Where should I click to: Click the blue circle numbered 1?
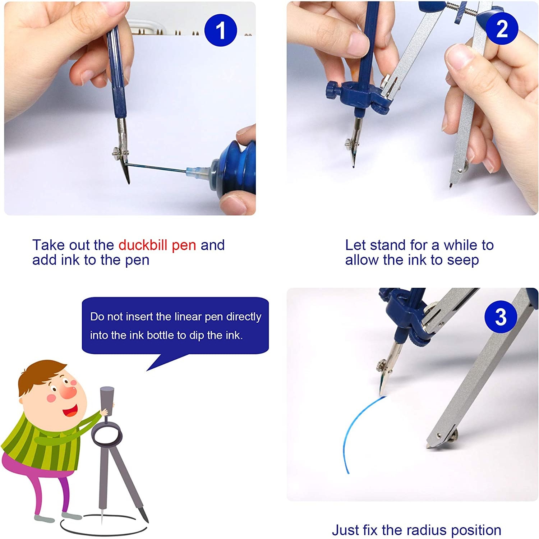(x=221, y=30)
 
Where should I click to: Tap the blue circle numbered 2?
(x=502, y=28)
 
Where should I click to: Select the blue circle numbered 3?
(x=501, y=317)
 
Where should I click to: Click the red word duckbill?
(x=143, y=245)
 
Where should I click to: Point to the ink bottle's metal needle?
(x=157, y=167)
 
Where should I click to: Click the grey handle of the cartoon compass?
(x=107, y=400)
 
